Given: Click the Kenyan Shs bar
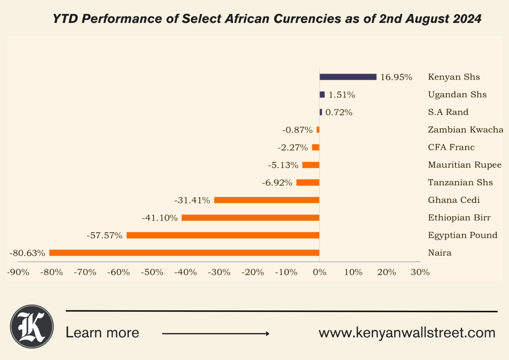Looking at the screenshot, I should click(x=348, y=77).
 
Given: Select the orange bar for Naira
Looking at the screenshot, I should click(x=184, y=253).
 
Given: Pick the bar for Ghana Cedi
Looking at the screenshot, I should click(x=266, y=200).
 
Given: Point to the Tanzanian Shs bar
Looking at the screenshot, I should click(x=308, y=182).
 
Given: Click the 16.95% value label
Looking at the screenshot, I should click(x=396, y=77).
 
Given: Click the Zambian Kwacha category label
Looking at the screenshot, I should click(x=465, y=130).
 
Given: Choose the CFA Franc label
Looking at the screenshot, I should click(x=451, y=147).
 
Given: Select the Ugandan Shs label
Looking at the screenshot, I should click(x=457, y=94).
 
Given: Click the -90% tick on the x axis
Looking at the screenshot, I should click(x=18, y=272).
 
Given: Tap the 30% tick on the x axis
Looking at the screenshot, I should click(x=420, y=272).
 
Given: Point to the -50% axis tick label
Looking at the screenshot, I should click(x=152, y=272).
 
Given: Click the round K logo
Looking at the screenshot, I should click(x=32, y=326).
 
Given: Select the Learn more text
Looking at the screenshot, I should click(x=102, y=333).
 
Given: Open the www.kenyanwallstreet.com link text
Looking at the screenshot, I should click(x=407, y=333).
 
